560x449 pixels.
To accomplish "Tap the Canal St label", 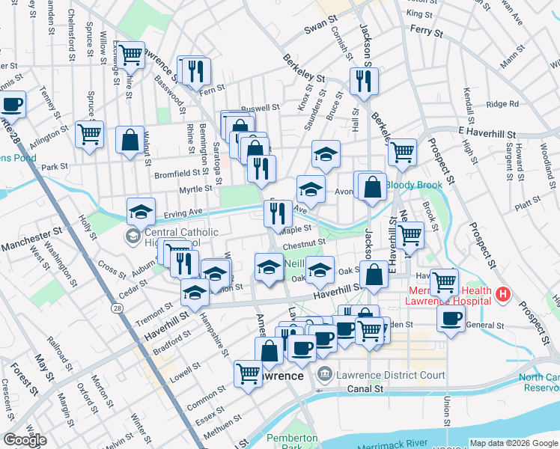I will point(365,389).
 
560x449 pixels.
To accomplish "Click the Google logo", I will point(25,440).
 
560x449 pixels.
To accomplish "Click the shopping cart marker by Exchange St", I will point(130,54).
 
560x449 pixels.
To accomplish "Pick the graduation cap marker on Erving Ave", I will point(140,211).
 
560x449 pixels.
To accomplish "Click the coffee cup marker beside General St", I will point(451,318).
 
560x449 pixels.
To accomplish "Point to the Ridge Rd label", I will point(502,105).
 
